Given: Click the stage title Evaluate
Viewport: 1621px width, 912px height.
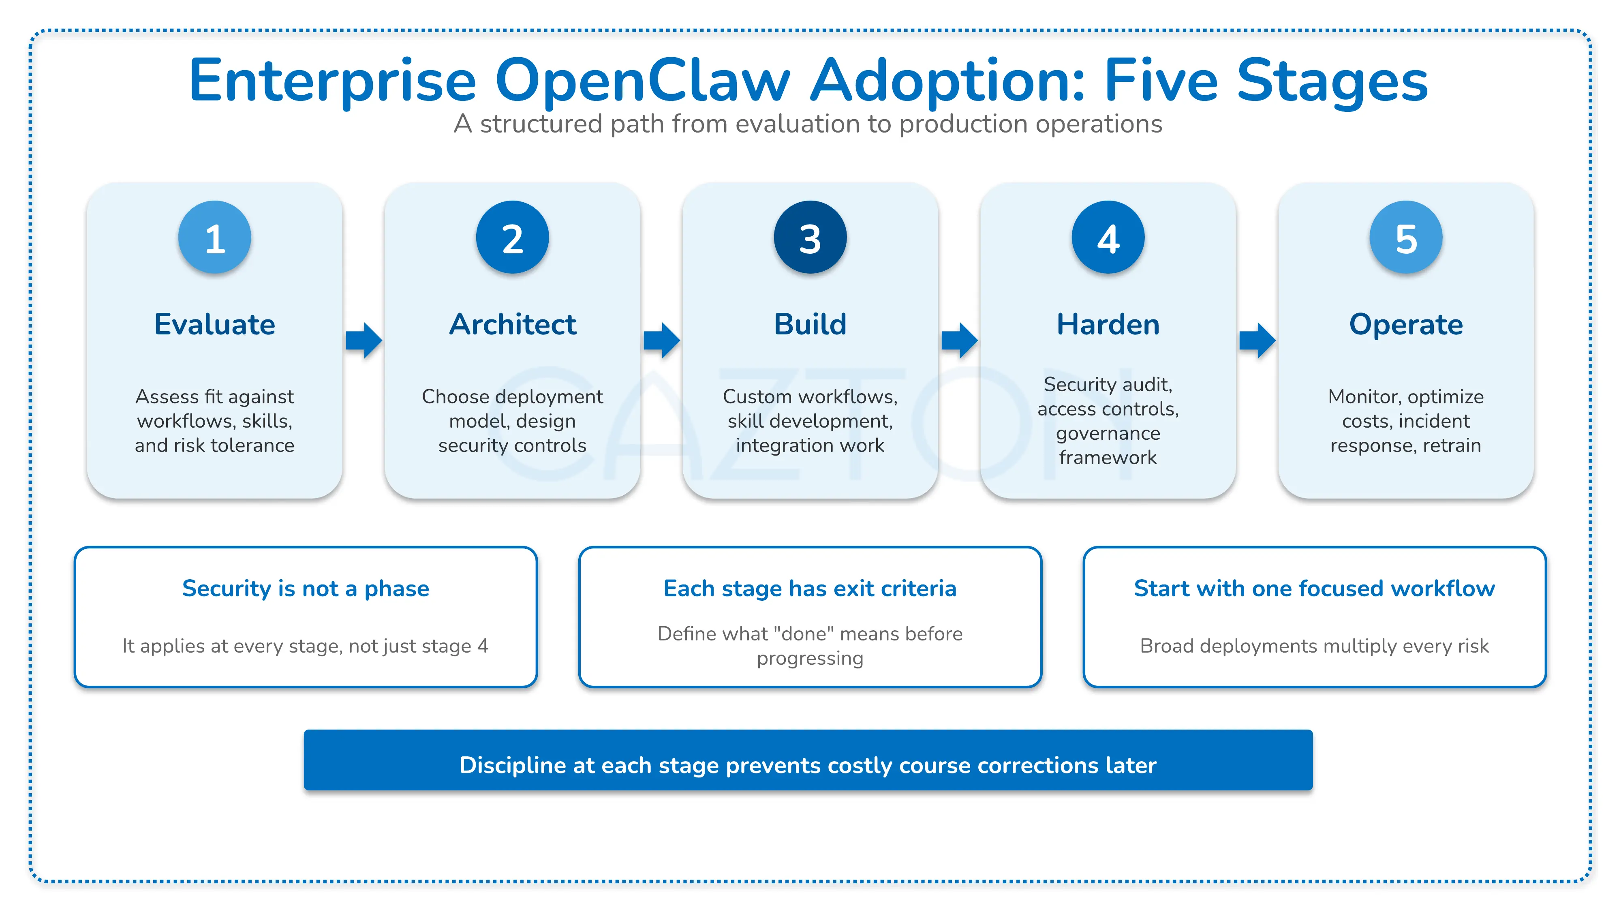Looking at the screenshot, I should coord(215,324).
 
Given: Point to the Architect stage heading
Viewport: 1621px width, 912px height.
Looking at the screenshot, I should coord(512,324).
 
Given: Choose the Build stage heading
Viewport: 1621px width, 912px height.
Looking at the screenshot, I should coord(810,324).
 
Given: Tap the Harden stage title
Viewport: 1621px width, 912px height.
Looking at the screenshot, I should coord(1108,324).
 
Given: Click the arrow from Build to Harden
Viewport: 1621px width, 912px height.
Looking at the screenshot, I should coord(959,340).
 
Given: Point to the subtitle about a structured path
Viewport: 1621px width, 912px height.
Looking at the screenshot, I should coord(808,124).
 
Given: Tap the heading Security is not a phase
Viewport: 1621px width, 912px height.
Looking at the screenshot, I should coord(305,589).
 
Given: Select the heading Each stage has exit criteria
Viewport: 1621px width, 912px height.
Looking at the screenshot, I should coord(810,589).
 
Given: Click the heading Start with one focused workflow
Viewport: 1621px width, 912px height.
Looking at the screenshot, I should coord(1314,589).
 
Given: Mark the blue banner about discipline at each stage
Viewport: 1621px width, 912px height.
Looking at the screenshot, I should coord(808,760).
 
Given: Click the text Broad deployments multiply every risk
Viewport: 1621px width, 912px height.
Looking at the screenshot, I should coord(1314,646).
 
